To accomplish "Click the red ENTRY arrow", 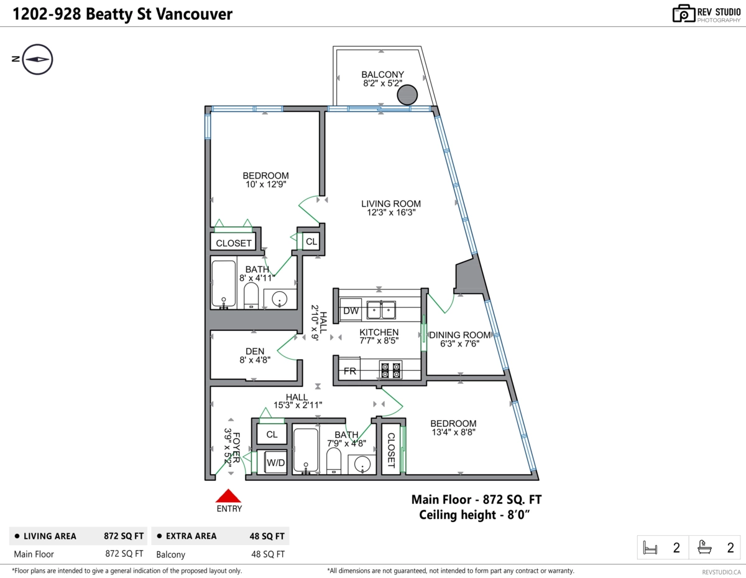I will (x=228, y=496).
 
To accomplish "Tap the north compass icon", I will (x=37, y=60).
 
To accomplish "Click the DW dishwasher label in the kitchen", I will (x=351, y=310).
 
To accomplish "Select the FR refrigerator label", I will (x=350, y=371).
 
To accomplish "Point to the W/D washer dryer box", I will (x=275, y=463).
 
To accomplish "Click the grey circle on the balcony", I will (x=407, y=95).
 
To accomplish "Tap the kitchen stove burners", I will (x=390, y=370).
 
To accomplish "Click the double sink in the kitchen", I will (x=382, y=309).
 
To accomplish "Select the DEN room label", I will (x=255, y=350).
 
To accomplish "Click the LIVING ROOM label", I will (x=391, y=203).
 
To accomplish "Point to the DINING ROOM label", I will (x=460, y=335).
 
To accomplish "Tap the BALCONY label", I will (x=383, y=75).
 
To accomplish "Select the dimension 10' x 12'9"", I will (x=265, y=184).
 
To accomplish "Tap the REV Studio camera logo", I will (x=683, y=13).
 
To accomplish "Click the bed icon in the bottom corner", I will (x=650, y=548).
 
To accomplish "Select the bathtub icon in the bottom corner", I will (x=705, y=548).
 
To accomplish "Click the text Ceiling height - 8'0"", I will (x=474, y=515).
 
